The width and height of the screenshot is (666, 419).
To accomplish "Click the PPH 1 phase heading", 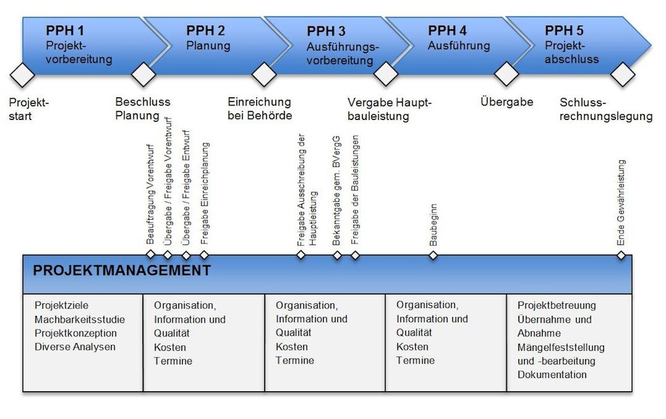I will (x=65, y=31).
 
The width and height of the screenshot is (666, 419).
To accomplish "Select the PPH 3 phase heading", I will (x=326, y=31).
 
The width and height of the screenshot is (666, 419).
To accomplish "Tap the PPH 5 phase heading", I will (x=564, y=31).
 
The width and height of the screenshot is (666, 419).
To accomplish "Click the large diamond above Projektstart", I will (x=24, y=73).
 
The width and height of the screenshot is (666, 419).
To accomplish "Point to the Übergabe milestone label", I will (x=506, y=102).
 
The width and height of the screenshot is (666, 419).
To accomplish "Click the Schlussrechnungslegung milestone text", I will (x=606, y=110).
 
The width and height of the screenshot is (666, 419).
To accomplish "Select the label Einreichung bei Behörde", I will (x=259, y=109).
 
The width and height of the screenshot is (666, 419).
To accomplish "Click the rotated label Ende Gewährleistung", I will (x=622, y=203).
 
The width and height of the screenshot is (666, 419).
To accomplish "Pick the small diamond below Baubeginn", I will (x=434, y=255).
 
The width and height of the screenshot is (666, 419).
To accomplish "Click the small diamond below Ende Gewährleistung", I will (x=622, y=255).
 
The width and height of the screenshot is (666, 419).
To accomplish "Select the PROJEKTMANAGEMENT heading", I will (x=121, y=271).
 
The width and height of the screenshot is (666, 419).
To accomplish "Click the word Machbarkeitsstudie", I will (x=80, y=319).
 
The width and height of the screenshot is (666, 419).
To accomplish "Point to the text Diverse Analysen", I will (x=75, y=347).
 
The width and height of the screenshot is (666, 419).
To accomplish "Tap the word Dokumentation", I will (x=552, y=375).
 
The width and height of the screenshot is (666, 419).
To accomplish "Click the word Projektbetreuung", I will (x=556, y=305).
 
